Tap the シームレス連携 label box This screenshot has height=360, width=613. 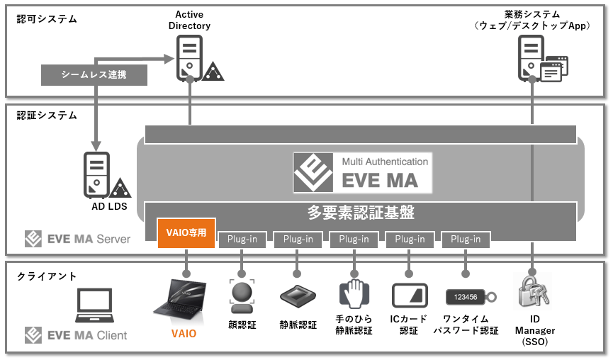pos(94,74)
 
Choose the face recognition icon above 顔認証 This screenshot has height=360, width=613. pos(242,296)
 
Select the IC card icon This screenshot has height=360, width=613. pos(409,295)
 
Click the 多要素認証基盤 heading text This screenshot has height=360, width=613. pos(360,211)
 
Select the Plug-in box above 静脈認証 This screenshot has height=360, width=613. pos(298,240)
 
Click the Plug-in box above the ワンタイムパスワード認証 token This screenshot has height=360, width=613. pos(466,240)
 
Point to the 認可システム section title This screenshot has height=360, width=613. pos(47,19)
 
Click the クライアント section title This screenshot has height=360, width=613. pos(47,276)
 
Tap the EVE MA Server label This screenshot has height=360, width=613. pos(77,239)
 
